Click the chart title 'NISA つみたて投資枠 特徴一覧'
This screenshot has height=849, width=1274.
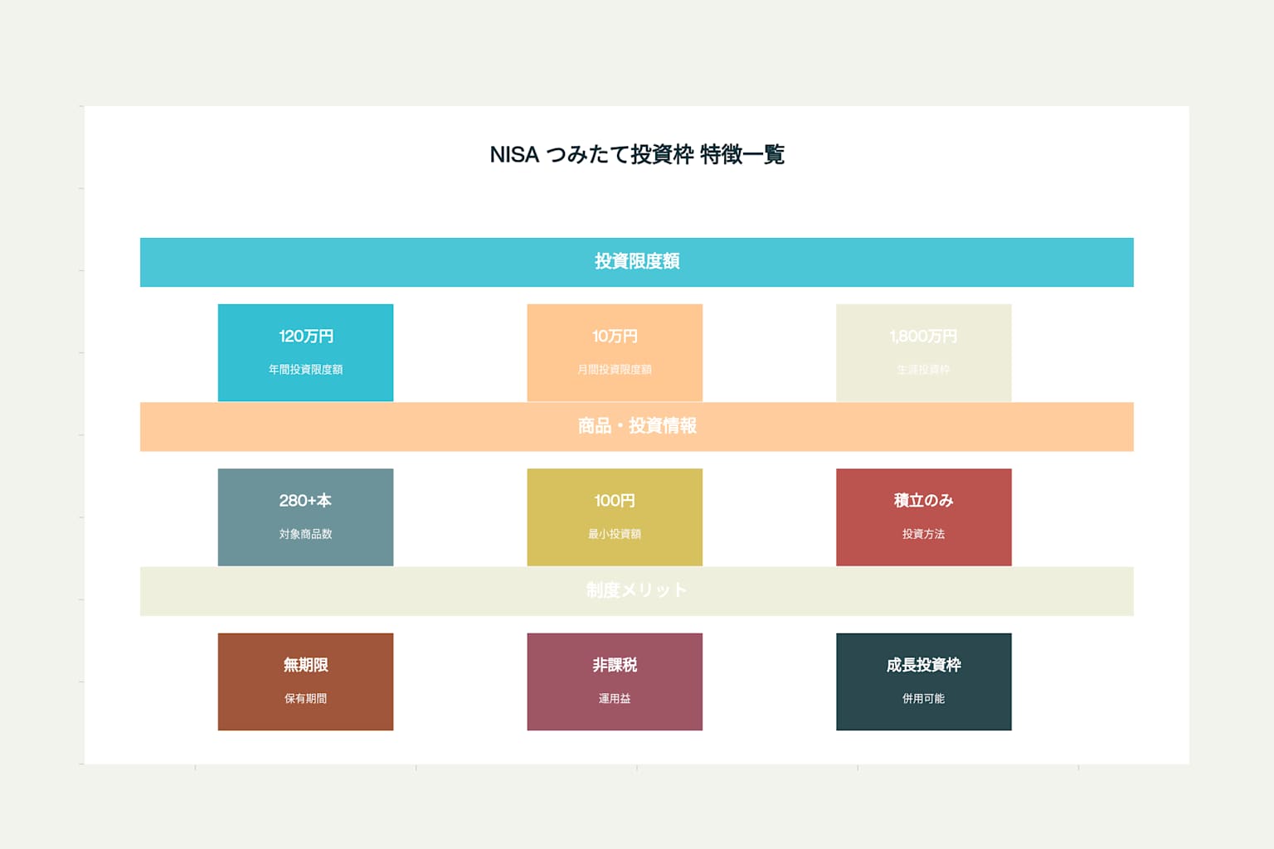[x=637, y=155]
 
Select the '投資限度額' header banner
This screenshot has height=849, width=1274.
[x=637, y=262]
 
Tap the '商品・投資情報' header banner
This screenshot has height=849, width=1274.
[x=637, y=426]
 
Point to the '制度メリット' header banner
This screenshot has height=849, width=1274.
[x=637, y=590]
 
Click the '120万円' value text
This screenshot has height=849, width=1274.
[x=306, y=337]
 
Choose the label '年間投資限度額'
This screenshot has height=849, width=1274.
[x=306, y=370]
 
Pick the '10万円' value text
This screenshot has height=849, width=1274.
[x=615, y=337]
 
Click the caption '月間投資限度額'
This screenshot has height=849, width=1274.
[x=615, y=370]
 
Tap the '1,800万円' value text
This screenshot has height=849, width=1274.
[x=923, y=337]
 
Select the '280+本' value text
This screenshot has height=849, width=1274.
[x=306, y=501]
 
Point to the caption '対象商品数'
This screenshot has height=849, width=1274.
[x=306, y=534]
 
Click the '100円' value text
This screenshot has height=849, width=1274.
[x=615, y=501]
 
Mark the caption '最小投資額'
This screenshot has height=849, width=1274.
[x=615, y=534]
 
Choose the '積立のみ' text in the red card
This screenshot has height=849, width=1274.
[x=923, y=501]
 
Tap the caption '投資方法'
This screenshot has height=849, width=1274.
[x=923, y=534]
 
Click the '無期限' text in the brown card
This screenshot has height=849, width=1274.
[x=306, y=665]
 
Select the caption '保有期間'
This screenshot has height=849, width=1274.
[x=306, y=699]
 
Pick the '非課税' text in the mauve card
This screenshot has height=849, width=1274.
[x=615, y=665]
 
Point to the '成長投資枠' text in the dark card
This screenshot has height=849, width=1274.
[x=923, y=665]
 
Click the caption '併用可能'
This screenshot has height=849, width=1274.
[x=923, y=699]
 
